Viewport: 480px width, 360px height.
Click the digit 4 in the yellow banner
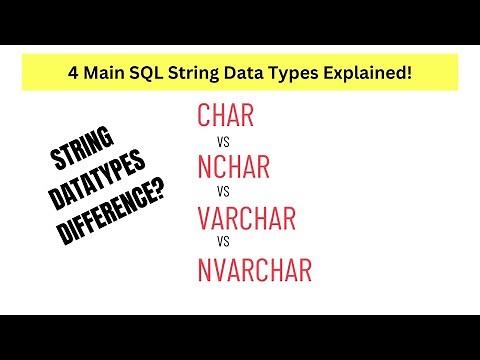[x=69, y=73]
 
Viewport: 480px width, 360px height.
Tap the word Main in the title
[x=103, y=73]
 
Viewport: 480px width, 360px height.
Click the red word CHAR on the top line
[x=226, y=116]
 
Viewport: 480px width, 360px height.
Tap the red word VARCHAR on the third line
[x=256, y=217]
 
